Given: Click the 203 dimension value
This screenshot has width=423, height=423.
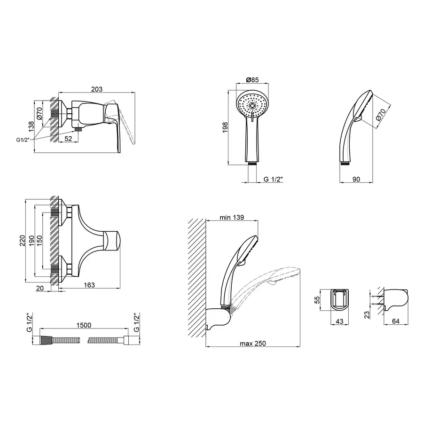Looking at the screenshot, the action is pyautogui.click(x=96, y=89).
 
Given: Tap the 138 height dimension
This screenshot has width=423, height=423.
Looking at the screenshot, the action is pyautogui.click(x=31, y=126).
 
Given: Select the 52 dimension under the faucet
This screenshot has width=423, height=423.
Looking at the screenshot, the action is pyautogui.click(x=68, y=138).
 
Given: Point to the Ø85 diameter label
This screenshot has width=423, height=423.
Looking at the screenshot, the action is pyautogui.click(x=252, y=80).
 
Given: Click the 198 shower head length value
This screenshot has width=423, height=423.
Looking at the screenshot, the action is pyautogui.click(x=225, y=127).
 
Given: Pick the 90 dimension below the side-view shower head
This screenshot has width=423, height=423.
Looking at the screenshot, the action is pyautogui.click(x=356, y=179).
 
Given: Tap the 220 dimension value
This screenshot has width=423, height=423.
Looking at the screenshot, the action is pyautogui.click(x=22, y=241).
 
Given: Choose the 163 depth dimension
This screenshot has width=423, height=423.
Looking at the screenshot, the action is pyautogui.click(x=89, y=285).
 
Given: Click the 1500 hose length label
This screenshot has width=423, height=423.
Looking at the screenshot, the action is pyautogui.click(x=84, y=325).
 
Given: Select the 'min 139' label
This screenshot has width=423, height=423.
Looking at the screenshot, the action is pyautogui.click(x=232, y=217).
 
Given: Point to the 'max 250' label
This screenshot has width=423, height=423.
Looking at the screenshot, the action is pyautogui.click(x=253, y=344).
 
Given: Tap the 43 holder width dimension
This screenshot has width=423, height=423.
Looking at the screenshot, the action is pyautogui.click(x=339, y=321).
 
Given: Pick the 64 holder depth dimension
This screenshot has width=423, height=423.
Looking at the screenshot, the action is pyautogui.click(x=395, y=321).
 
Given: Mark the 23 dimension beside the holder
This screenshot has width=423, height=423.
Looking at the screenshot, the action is pyautogui.click(x=367, y=315).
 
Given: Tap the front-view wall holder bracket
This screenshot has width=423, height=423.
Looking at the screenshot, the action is pyautogui.click(x=339, y=300).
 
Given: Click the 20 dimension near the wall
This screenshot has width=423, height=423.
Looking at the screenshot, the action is pyautogui.click(x=39, y=288).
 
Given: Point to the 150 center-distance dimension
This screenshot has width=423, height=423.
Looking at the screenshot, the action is pyautogui.click(x=39, y=241).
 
